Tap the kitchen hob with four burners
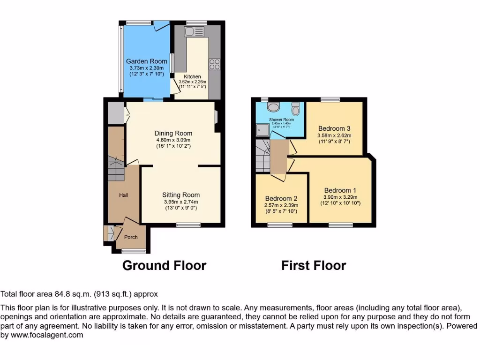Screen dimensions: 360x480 click(x=215, y=64)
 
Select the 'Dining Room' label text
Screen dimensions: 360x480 click(x=173, y=133)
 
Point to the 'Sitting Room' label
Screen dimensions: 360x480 click(x=181, y=195)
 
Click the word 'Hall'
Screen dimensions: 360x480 click(x=124, y=195)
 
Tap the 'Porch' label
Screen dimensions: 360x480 click(x=131, y=237)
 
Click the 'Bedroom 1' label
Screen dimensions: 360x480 click(x=340, y=190)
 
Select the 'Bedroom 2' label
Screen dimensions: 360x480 click(x=281, y=198)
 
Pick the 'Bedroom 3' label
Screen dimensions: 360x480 click(x=334, y=128)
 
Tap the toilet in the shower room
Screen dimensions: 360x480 click(x=295, y=109)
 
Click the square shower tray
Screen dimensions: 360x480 click(x=262, y=130)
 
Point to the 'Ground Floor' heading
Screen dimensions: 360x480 click(x=164, y=266)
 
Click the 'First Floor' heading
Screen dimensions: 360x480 click(x=314, y=266)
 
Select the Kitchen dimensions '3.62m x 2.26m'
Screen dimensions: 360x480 click(x=192, y=82)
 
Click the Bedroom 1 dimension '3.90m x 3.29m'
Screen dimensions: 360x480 click(x=340, y=197)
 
